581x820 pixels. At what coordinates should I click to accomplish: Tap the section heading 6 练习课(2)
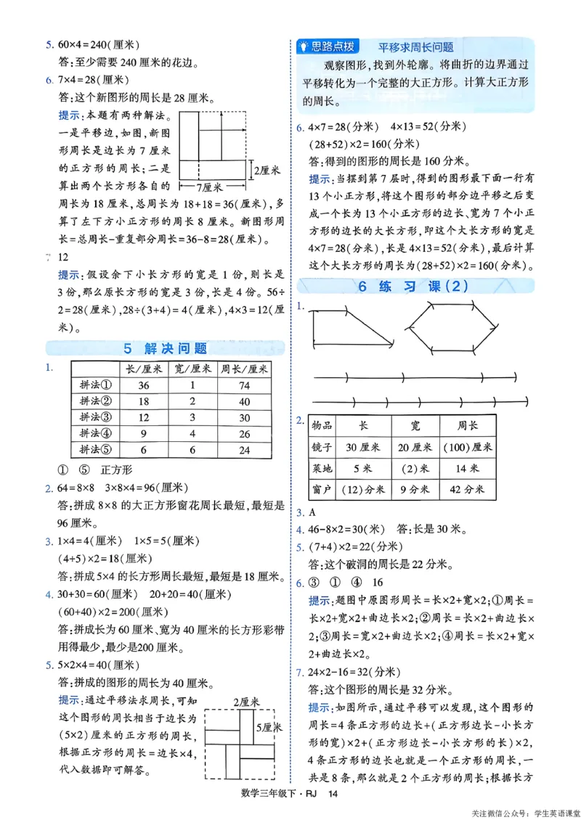pyautogui.click(x=415, y=286)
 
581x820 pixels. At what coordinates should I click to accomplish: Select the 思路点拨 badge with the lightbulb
pyautogui.click(x=328, y=46)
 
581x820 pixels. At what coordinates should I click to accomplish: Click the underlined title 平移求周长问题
pyautogui.click(x=415, y=47)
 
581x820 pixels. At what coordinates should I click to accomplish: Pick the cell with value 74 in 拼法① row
pyautogui.click(x=244, y=386)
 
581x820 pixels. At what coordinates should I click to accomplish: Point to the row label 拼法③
pyautogui.click(x=95, y=417)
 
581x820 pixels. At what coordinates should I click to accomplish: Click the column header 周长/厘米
pyautogui.click(x=244, y=369)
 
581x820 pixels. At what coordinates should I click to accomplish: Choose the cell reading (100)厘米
pyautogui.click(x=467, y=447)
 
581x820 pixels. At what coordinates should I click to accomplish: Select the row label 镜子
pyautogui.click(x=322, y=447)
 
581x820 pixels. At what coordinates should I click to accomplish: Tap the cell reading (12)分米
pyautogui.click(x=362, y=490)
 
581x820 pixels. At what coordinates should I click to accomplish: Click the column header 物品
pyautogui.click(x=322, y=425)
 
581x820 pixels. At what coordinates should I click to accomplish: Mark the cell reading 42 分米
pyautogui.click(x=467, y=490)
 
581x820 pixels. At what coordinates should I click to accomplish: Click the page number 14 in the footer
pyautogui.click(x=333, y=795)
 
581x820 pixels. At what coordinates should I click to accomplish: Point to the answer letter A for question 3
pyautogui.click(x=309, y=512)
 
